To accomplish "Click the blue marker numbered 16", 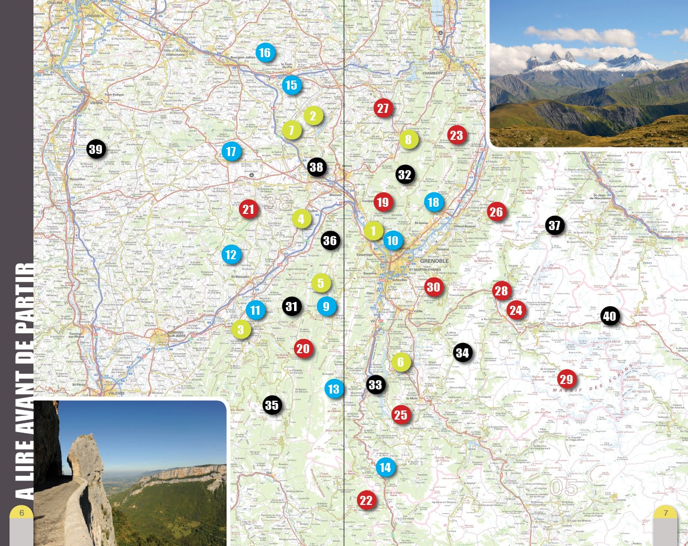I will coord(264,53).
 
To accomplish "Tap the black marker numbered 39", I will coord(96,150).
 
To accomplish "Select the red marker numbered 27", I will coord(383,108).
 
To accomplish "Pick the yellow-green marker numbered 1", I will coord(373,231).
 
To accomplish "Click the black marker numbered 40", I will coord(609,316).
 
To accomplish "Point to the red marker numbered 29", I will coord(566,379).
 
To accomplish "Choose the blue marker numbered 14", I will coord(385,467).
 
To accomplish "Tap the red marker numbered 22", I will coord(366,500).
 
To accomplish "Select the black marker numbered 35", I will coord(272,405).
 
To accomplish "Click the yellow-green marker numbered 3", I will coord(241,329).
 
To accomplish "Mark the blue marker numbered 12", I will coord(231,254).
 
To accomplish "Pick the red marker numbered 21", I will coord(248,210).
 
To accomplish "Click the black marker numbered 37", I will coord(554,225).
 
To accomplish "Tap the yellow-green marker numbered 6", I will coord(400,362).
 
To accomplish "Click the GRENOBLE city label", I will coord(434,261).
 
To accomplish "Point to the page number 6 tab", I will coord(22,513).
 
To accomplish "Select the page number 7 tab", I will coord(665,513).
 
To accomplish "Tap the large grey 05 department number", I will coord(563,487).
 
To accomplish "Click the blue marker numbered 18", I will coord(433,202).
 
